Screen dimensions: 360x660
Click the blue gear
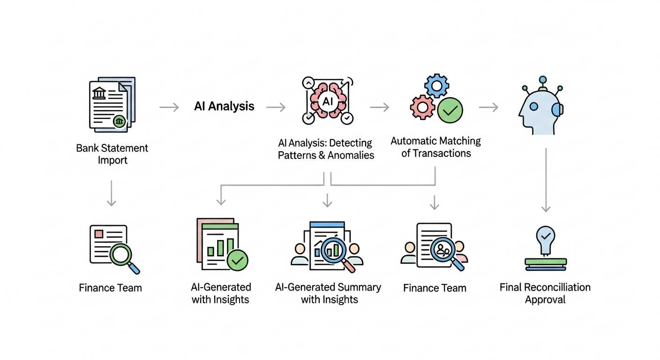pyautogui.click(x=436, y=86)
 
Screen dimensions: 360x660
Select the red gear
pyautogui.click(x=422, y=107)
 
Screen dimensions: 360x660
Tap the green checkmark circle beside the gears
pyautogui.click(x=450, y=111)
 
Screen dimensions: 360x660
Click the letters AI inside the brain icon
pyautogui.click(x=327, y=101)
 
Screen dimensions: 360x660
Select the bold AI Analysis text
pyautogui.click(x=224, y=106)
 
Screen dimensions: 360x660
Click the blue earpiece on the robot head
pyautogui.click(x=557, y=109)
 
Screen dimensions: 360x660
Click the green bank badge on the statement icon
pyautogui.click(x=120, y=121)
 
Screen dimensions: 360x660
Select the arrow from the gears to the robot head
pyautogui.click(x=488, y=108)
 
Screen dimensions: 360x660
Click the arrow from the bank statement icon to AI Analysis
pyautogui.click(x=169, y=108)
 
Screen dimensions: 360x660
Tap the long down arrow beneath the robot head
pyautogui.click(x=546, y=180)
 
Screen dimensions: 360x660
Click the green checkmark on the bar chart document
pyautogui.click(x=237, y=260)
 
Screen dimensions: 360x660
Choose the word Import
pyautogui.click(x=112, y=160)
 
